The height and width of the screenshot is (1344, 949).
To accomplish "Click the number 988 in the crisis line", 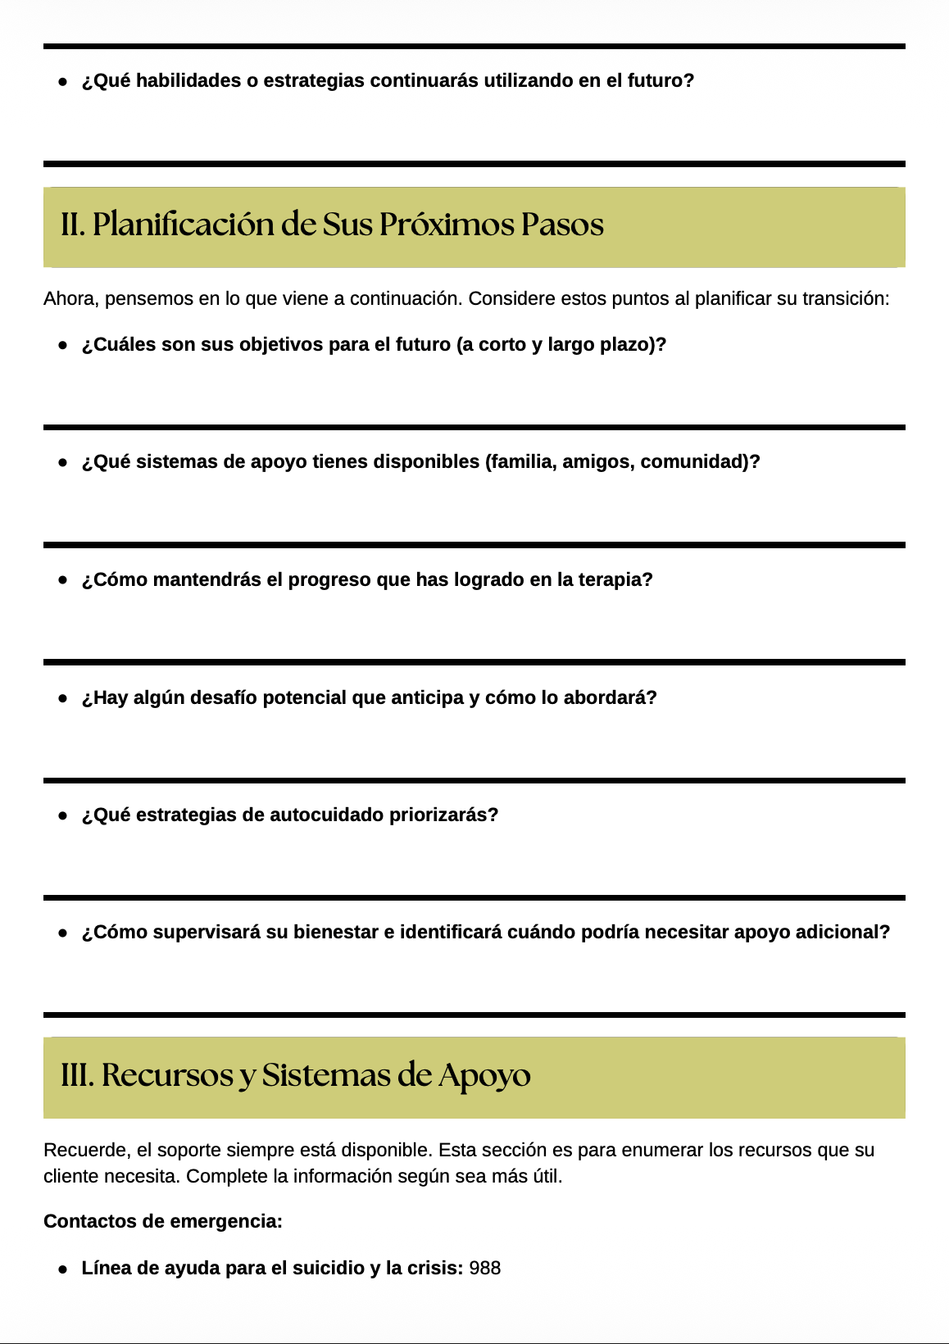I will point(484,1268).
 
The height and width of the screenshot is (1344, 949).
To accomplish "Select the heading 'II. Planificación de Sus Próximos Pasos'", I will point(332,225).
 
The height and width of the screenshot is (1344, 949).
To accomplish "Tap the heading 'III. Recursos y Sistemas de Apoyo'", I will point(295,1075).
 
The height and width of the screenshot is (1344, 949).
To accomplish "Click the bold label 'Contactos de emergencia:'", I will point(162,1221).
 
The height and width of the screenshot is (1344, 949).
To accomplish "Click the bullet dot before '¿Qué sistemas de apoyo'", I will point(62,462).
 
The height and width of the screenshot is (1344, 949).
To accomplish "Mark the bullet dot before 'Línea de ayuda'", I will point(62,1269).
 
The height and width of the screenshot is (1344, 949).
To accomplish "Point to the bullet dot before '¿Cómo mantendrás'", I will point(62,579).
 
